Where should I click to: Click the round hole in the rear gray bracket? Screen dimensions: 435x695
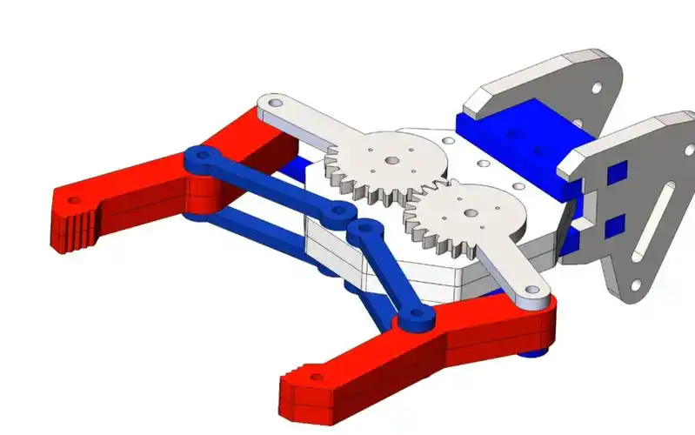point(596,88)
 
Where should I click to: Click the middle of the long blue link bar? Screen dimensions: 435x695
point(270,184)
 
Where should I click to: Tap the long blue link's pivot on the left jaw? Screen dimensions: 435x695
point(203,157)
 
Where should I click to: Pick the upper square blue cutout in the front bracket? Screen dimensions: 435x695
point(616,172)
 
